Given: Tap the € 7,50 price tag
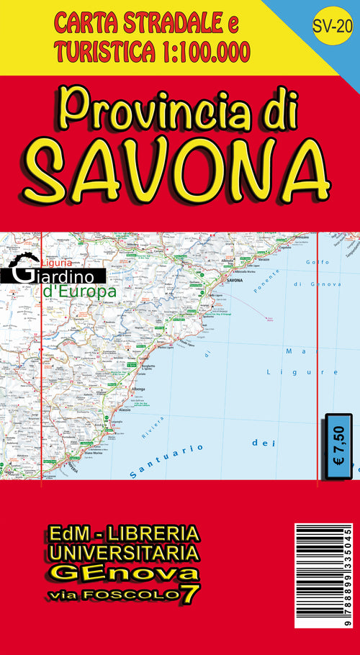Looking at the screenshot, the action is click(x=339, y=445).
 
